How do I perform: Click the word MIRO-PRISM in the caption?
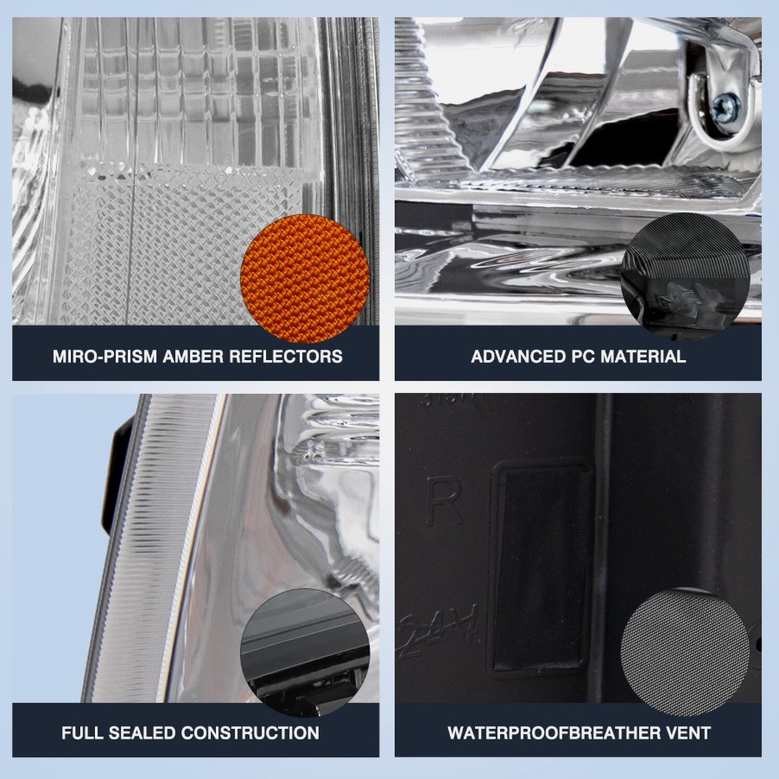pos(104,356)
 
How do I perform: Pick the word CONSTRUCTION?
pos(250,733)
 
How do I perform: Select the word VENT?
pos(690,733)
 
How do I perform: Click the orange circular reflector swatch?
pos(305,278)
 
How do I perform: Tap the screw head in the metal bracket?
pos(725,107)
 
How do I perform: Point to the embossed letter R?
pos(444,500)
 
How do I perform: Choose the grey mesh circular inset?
pos(685,652)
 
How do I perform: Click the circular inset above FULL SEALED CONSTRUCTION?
pos(305,652)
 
